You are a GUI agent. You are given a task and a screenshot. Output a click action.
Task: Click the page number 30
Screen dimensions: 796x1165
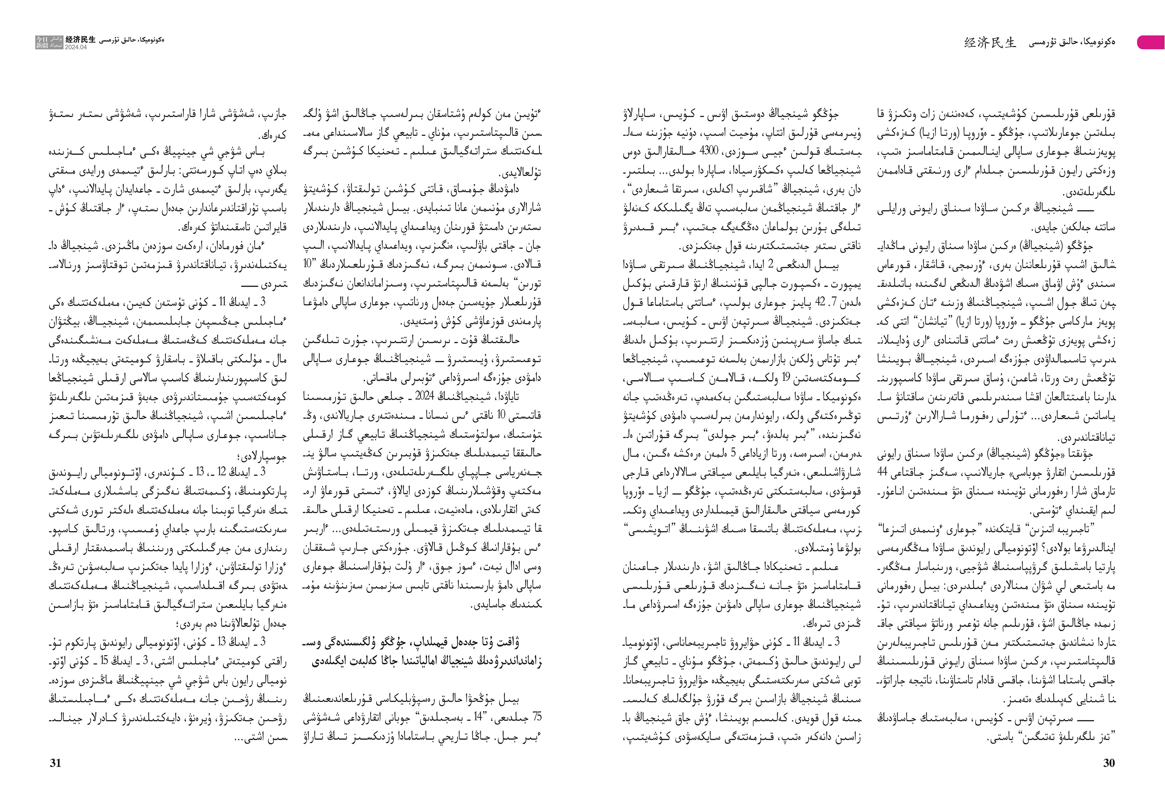[1109, 763]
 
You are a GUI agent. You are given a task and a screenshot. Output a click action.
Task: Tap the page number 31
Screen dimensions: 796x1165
[55, 763]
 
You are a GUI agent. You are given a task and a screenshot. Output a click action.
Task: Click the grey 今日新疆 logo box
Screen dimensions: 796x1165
[49, 42]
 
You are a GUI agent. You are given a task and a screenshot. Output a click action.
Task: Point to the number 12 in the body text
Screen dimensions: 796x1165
[221, 472]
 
